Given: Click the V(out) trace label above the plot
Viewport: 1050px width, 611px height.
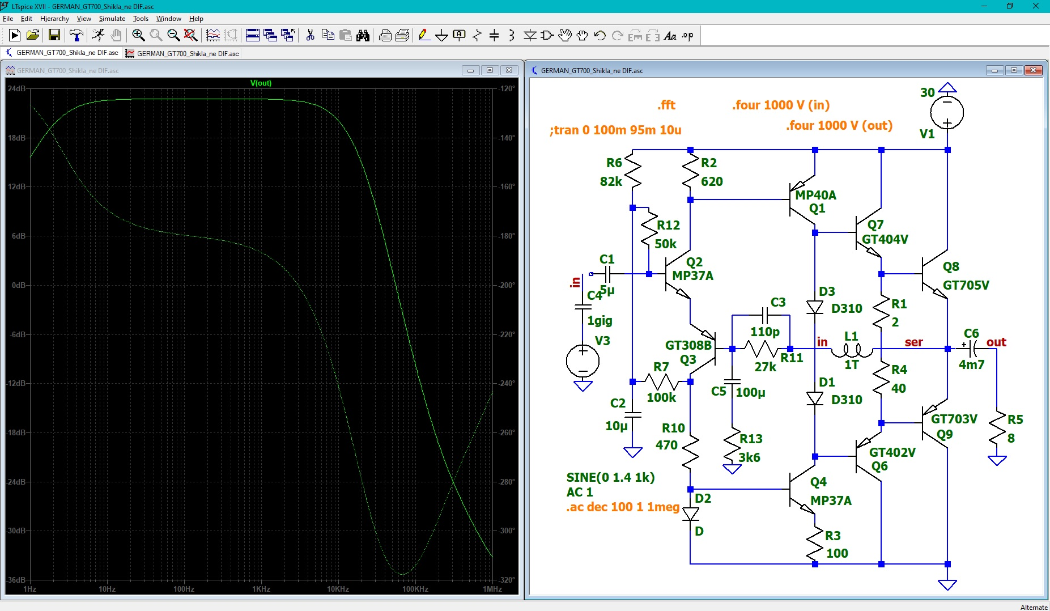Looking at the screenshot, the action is point(261,83).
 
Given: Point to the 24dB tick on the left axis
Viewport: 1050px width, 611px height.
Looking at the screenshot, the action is point(17,88).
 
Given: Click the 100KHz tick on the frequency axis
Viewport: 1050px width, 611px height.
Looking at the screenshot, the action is point(415,589).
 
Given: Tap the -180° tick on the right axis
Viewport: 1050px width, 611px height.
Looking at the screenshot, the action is point(507,236).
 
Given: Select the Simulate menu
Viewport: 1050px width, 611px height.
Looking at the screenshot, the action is point(112,19).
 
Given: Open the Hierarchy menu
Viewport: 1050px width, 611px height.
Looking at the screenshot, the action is point(54,19).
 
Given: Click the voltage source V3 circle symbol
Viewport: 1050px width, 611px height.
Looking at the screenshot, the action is point(583,360).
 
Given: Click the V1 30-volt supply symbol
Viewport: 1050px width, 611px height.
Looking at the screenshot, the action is point(947,112).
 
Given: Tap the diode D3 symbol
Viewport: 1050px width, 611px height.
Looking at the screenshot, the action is point(815,307).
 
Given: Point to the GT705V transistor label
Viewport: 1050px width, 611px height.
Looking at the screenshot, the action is point(966,285).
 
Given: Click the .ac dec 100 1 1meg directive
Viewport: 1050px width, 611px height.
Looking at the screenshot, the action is point(623,507).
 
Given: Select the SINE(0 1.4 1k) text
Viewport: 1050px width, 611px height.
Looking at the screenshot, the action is point(610,477).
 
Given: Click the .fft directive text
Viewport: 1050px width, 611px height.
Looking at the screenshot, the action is point(666,105).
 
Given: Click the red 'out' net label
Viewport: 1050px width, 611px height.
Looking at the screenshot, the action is point(996,342).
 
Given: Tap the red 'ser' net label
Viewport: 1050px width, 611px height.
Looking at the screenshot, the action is point(913,342).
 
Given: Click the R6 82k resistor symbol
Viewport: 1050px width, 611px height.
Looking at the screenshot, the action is point(632,172).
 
